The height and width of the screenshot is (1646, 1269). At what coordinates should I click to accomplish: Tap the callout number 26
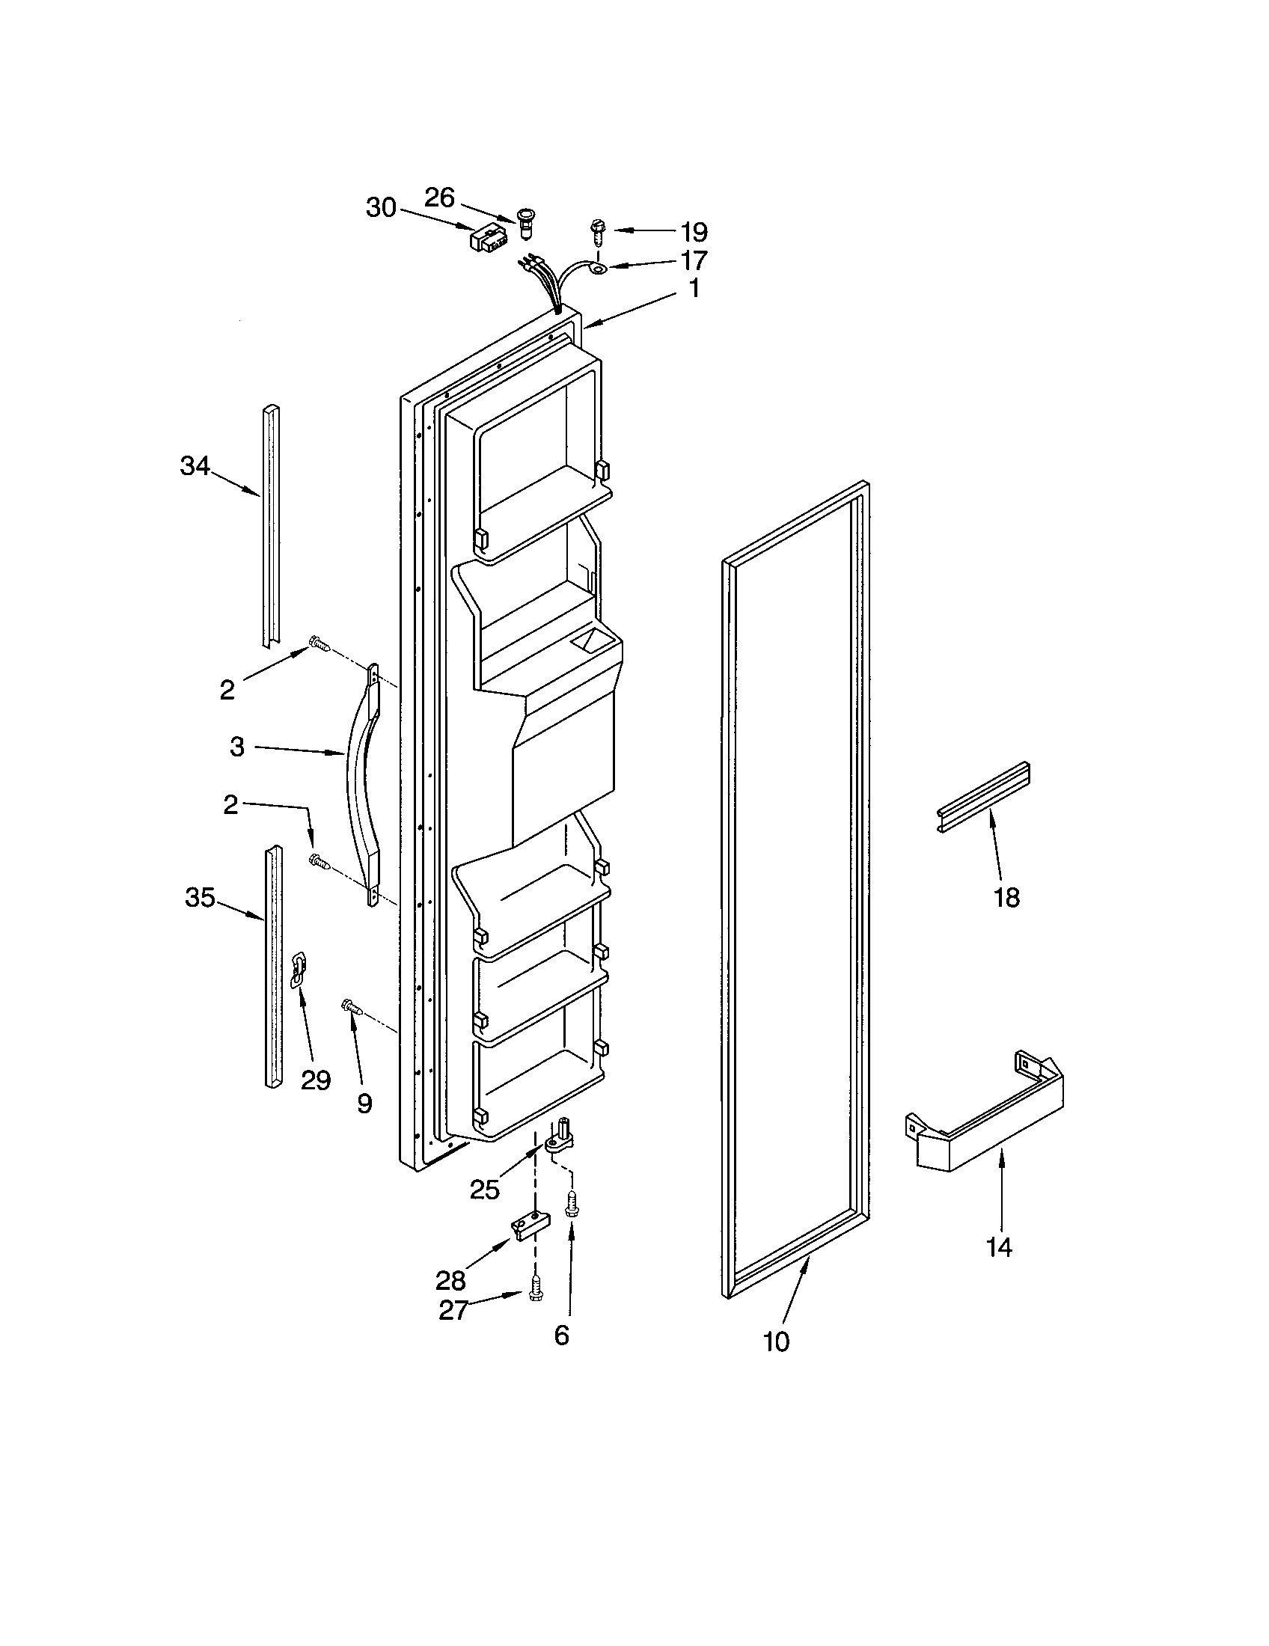tap(439, 198)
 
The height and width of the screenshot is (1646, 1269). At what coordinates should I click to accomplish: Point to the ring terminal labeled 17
tap(599, 268)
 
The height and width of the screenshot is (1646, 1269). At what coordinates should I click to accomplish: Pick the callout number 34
tap(195, 467)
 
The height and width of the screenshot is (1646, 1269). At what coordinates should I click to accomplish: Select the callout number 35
tap(200, 898)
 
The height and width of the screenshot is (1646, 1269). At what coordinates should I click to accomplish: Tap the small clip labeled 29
tap(299, 969)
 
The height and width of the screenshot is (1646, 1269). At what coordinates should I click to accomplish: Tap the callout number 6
tap(561, 1336)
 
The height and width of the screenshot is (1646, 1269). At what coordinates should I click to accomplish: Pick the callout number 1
tap(694, 288)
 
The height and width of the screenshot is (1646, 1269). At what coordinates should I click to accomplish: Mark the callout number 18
tap(1007, 897)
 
